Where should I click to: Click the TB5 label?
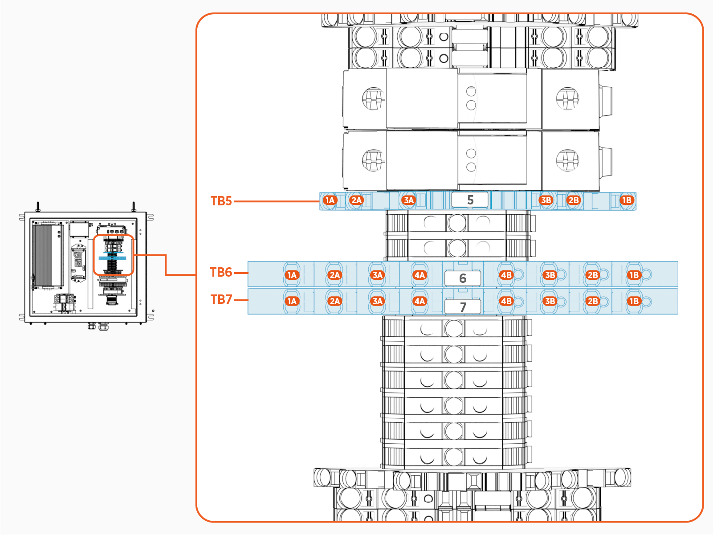pos(221,201)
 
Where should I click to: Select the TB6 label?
pos(221,272)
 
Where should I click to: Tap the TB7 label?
pos(221,299)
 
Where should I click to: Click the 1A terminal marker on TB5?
pos(330,200)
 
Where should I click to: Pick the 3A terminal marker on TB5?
pos(408,200)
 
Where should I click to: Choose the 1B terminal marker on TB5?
pos(627,200)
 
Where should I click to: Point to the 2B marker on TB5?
pos(574,200)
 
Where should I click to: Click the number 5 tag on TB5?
pos(470,200)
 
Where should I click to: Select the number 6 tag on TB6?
pos(463,278)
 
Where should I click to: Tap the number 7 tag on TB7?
pos(463,306)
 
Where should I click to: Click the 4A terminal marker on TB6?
pos(420,275)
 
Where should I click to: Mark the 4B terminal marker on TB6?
pos(506,275)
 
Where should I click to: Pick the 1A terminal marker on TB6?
pos(292,275)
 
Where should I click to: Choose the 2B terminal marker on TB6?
pos(592,275)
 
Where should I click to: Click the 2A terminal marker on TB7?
pos(334,301)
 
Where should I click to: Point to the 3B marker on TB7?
pos(550,301)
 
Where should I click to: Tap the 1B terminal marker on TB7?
pos(634,301)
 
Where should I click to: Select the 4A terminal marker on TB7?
pos(420,301)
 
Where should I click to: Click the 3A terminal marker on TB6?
pos(378,275)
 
